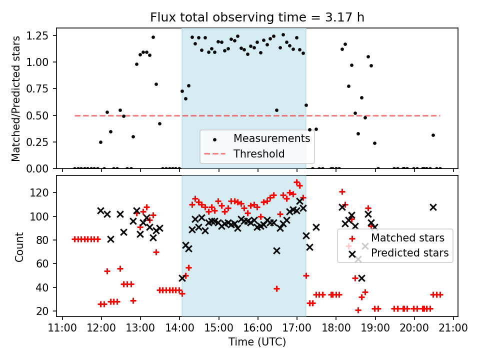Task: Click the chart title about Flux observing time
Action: click(x=257, y=17)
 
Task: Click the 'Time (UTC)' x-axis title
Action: click(x=257, y=342)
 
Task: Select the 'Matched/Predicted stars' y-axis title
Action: click(x=16, y=98)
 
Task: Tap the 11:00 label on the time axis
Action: click(x=62, y=327)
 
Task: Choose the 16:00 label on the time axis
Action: click(x=257, y=327)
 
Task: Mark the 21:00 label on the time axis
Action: click(x=453, y=327)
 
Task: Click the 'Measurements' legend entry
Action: click(x=271, y=138)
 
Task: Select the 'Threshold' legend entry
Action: click(x=259, y=153)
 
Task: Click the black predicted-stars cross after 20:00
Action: click(x=433, y=207)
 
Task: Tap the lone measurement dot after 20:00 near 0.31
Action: click(x=433, y=135)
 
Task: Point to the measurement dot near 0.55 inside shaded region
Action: click(x=276, y=110)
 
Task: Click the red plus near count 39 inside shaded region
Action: click(x=276, y=288)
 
